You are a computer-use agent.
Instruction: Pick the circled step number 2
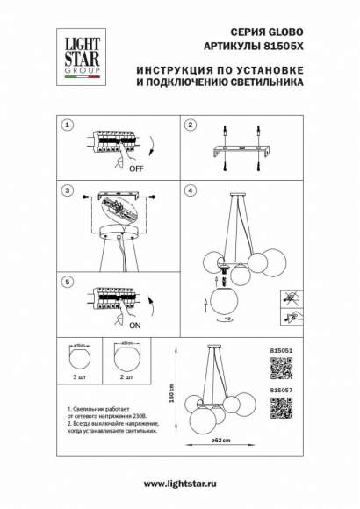(x=189, y=125)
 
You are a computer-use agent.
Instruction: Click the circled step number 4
(x=189, y=190)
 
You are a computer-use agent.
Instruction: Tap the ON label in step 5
(x=112, y=324)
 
